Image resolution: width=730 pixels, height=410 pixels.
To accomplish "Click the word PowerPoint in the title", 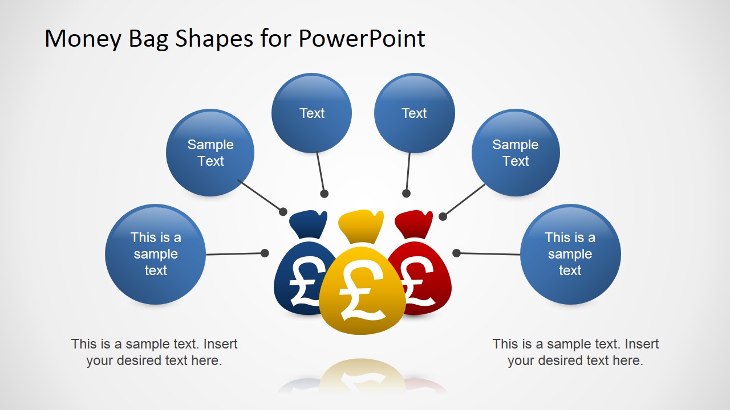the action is point(362,38).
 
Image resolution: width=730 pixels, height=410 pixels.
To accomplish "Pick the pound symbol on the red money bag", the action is point(419,281).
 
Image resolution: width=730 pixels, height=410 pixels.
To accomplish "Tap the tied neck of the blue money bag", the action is point(308,224).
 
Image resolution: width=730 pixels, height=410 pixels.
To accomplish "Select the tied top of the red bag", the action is point(414,224).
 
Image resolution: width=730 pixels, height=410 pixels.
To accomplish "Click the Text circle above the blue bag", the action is point(311,113).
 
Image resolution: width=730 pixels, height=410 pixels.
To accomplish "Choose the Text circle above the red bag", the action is point(414,113).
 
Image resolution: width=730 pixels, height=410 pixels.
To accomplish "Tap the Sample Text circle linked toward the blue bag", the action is point(210,153).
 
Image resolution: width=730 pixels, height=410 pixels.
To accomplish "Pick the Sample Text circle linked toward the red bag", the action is point(516,153).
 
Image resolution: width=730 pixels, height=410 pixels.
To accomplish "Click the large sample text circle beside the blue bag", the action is point(156,254).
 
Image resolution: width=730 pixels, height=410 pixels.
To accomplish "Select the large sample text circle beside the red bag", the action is point(570,254).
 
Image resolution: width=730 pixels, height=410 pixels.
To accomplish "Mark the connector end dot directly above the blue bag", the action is point(324,194).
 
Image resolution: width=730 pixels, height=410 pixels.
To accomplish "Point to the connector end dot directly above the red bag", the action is point(406,193).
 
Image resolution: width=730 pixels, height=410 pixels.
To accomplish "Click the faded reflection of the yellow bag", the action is point(362,376).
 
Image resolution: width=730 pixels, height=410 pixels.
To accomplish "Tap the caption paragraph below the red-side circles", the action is point(575,352).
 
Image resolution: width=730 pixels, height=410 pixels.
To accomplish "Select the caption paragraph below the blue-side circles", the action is point(154,352).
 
